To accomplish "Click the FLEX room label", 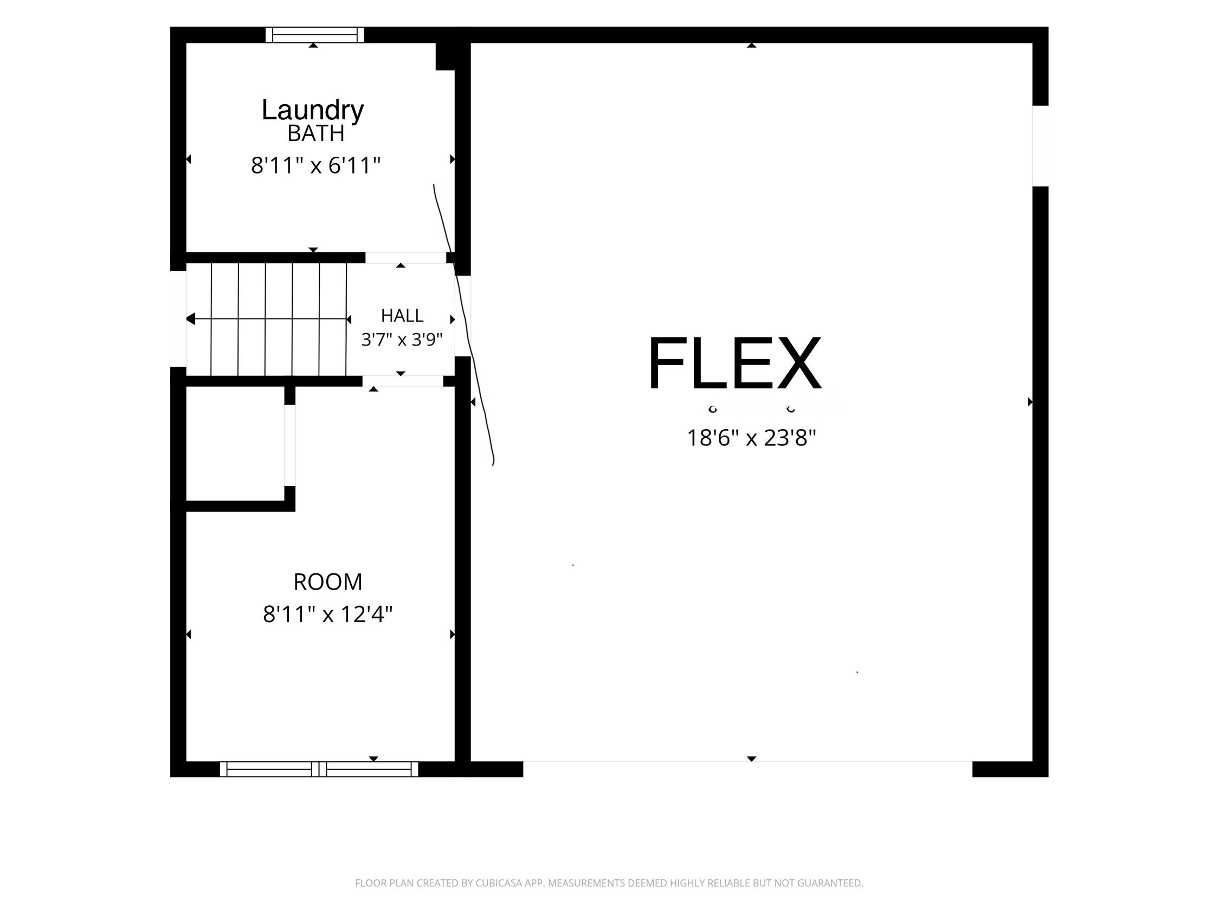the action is tap(735, 363).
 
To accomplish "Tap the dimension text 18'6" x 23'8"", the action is tap(751, 438).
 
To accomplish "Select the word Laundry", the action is tap(313, 111).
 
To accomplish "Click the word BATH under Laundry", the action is tap(316, 133).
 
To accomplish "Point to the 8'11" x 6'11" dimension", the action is tap(316, 165).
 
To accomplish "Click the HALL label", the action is tap(402, 316).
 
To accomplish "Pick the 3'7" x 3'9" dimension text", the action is tap(402, 340).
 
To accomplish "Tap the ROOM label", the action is tap(327, 582).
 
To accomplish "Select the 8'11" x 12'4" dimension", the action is tap(327, 613).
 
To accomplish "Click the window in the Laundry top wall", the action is tap(315, 35).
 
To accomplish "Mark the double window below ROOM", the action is tap(319, 769).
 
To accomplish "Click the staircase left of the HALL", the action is tap(267, 319).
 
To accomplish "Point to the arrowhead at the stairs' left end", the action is tap(190, 318).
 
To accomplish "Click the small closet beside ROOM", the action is tap(235, 444).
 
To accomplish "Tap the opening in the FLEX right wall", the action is tap(1040, 145).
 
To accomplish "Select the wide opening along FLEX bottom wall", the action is tap(747, 769).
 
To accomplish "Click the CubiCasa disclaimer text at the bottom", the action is tap(609, 883).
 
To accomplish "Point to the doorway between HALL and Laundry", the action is tap(406, 257).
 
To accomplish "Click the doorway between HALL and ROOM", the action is tap(403, 381).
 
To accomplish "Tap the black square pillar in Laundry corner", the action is tap(446, 56).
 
